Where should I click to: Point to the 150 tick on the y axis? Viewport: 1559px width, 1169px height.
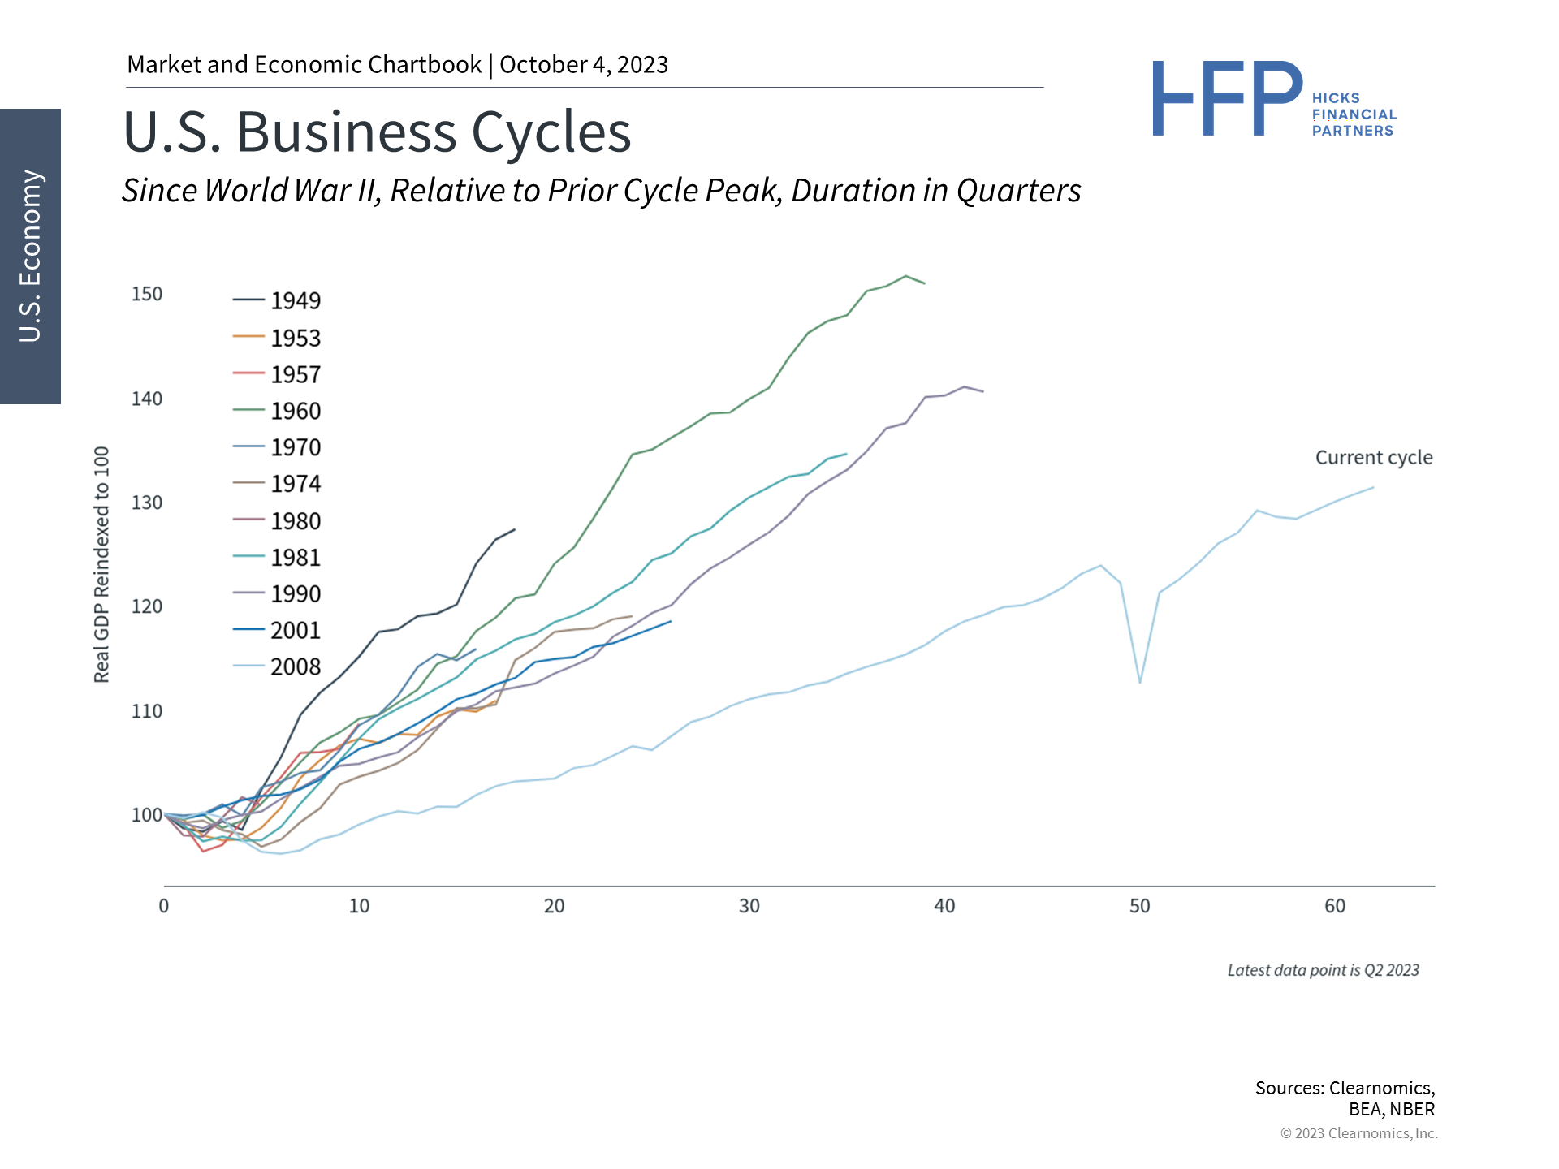pyautogui.click(x=147, y=294)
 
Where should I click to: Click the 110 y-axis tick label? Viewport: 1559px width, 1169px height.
pyautogui.click(x=147, y=711)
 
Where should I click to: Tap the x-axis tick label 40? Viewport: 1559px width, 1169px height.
pyautogui.click(x=944, y=906)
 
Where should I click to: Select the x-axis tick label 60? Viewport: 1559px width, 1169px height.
pyautogui.click(x=1335, y=906)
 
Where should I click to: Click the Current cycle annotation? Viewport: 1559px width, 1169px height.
pyautogui.click(x=1374, y=458)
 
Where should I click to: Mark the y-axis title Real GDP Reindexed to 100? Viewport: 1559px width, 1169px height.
pyautogui.click(x=101, y=564)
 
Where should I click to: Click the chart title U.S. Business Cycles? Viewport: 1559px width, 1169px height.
pyautogui.click(x=377, y=132)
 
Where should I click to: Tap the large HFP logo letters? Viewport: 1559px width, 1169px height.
pyautogui.click(x=1227, y=99)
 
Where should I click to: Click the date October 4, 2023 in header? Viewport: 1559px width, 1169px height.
pyautogui.click(x=584, y=65)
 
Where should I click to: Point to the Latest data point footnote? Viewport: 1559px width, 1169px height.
pyautogui.click(x=1323, y=970)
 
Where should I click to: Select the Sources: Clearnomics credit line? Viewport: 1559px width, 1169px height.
pyautogui.click(x=1345, y=1089)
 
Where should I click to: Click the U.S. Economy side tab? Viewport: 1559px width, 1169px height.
pyautogui.click(x=30, y=257)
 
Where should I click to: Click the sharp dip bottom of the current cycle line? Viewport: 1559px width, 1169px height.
pyautogui.click(x=1140, y=682)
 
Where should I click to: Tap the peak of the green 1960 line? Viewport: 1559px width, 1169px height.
pyautogui.click(x=905, y=276)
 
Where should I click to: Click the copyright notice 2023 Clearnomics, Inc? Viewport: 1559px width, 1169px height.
pyautogui.click(x=1358, y=1133)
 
